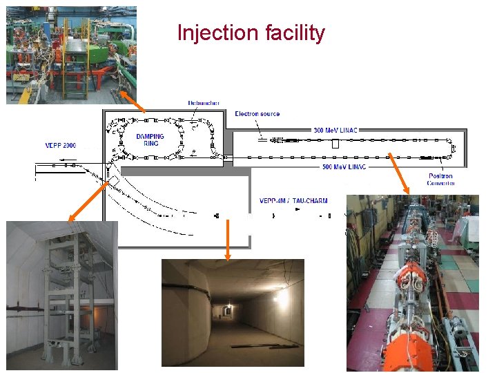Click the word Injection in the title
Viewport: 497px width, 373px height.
coord(213,33)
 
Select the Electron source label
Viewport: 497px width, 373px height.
coord(257,113)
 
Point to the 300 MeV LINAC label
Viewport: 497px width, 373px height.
coord(336,130)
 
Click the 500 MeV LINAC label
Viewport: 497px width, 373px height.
coord(344,166)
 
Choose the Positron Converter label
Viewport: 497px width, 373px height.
coord(441,180)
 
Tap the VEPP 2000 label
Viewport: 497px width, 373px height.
coord(61,146)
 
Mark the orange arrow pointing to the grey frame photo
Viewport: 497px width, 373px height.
coord(88,200)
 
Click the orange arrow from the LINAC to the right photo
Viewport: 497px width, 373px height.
coord(401,173)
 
